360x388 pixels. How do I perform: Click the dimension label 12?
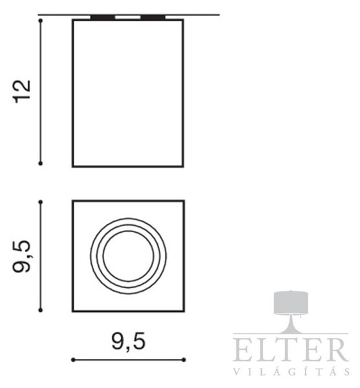(x=22, y=92)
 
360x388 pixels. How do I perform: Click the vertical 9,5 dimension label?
(x=22, y=256)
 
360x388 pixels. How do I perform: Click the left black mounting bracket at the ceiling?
(x=103, y=17)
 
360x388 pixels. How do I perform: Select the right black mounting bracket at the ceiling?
(x=153, y=17)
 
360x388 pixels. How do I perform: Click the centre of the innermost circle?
(x=129, y=256)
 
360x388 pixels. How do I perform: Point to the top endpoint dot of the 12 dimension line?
(x=41, y=21)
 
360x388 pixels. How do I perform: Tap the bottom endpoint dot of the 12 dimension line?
(x=41, y=164)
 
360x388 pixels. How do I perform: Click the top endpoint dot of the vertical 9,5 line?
(x=41, y=202)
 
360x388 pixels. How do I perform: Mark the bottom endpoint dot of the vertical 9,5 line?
(x=41, y=310)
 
